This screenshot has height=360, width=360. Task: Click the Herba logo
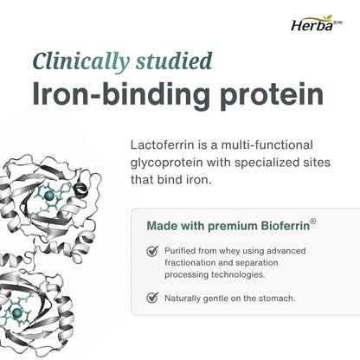(317, 23)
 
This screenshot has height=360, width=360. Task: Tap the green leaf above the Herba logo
(328, 17)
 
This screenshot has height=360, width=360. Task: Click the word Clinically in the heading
(81, 61)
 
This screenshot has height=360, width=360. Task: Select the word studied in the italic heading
(174, 61)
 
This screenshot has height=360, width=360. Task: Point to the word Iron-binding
(121, 94)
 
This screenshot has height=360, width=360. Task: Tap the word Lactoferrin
(163, 145)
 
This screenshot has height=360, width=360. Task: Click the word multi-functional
(267, 145)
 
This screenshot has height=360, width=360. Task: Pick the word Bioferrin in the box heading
(285, 226)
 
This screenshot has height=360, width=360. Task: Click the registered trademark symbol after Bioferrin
(312, 222)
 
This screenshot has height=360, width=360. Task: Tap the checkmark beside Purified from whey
(152, 251)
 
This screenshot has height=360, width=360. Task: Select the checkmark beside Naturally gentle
(152, 298)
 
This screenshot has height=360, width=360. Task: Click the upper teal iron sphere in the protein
(49, 196)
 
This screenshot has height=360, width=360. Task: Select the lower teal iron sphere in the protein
(17, 312)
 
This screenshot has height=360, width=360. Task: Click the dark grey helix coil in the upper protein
(80, 190)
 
